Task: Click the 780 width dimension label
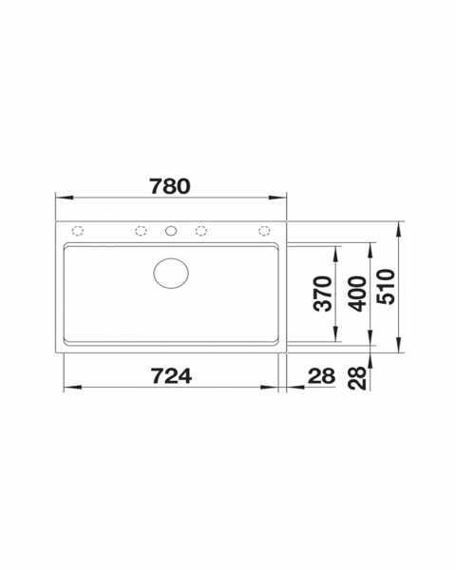(170, 186)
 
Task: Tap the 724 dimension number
(171, 376)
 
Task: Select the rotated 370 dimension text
(323, 294)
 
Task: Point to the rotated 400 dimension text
(357, 294)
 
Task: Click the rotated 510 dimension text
(386, 287)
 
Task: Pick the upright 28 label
(321, 376)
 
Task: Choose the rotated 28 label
(357, 378)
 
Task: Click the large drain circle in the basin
(171, 273)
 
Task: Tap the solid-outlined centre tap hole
(171, 231)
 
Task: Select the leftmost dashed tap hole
(78, 231)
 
